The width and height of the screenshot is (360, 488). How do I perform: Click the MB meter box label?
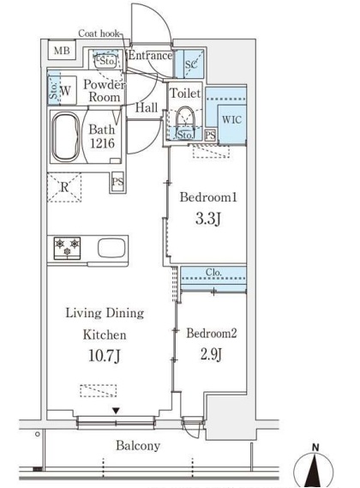click(x=62, y=50)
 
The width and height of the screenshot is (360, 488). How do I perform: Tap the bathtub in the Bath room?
click(x=66, y=137)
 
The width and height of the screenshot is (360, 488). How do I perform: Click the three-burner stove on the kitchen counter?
click(x=67, y=248)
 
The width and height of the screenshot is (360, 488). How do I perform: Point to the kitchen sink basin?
click(x=111, y=248)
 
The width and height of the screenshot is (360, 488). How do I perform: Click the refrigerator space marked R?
click(x=64, y=187)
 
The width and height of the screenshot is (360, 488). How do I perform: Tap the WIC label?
click(x=231, y=119)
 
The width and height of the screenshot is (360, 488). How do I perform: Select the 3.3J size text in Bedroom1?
click(x=208, y=218)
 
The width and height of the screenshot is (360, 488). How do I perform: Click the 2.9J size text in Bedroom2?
click(x=211, y=354)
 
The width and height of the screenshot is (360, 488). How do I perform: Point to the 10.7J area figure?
click(x=105, y=355)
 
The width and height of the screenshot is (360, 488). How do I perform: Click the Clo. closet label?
click(x=213, y=273)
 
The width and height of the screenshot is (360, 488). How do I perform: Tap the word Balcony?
click(x=138, y=445)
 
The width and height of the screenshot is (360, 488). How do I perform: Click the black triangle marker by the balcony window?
click(x=116, y=411)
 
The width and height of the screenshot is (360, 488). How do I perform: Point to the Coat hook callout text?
click(x=99, y=33)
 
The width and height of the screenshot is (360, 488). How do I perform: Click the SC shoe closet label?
click(x=191, y=64)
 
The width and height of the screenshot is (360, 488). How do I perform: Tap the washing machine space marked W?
click(x=65, y=91)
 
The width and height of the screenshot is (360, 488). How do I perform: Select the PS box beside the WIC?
click(x=211, y=135)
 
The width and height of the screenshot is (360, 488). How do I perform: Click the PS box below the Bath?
click(x=117, y=181)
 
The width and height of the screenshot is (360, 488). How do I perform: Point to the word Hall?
click(x=146, y=108)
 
